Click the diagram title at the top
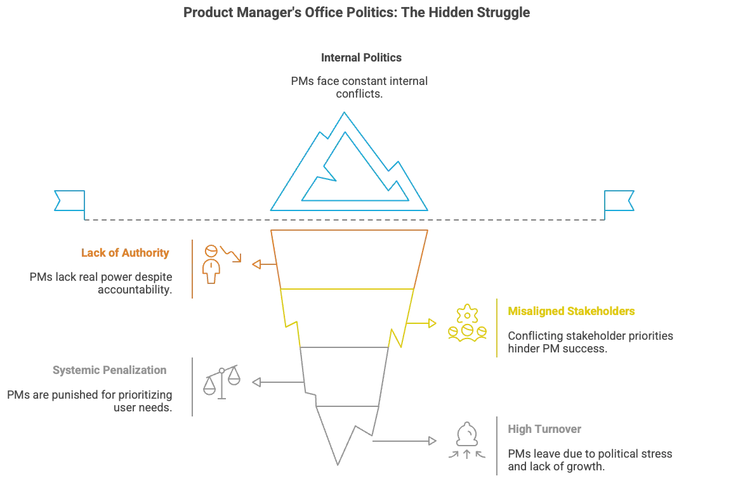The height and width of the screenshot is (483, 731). pos(358,13)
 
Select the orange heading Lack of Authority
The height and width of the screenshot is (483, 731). pos(126,254)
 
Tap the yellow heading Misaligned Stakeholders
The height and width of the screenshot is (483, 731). pos(574,312)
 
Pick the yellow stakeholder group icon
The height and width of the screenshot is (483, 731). pos(467,323)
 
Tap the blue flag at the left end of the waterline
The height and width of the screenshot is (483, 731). pos(69,200)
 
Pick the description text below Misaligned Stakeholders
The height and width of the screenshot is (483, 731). pos(591,342)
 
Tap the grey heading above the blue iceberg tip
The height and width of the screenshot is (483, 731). pos(362,60)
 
